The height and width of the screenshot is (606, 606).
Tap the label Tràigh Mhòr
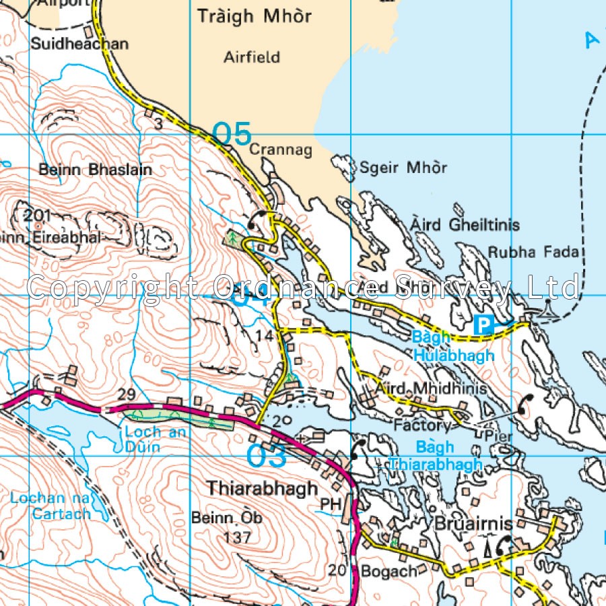click(x=255, y=16)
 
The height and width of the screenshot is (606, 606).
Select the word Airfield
click(x=252, y=57)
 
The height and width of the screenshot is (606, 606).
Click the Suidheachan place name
click(x=79, y=44)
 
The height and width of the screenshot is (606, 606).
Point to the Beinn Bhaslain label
click(x=95, y=170)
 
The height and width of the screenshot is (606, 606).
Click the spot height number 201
click(x=38, y=215)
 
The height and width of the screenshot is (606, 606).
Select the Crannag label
click(x=281, y=150)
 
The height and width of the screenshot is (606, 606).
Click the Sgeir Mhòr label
click(x=403, y=168)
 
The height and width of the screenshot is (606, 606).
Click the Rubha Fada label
click(x=533, y=252)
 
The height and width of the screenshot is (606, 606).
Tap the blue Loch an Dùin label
click(x=156, y=438)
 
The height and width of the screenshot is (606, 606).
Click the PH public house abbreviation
click(x=329, y=504)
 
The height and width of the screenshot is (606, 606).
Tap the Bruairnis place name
click(x=473, y=524)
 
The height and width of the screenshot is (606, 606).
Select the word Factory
click(x=422, y=426)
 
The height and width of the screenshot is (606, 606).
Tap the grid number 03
click(x=267, y=456)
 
